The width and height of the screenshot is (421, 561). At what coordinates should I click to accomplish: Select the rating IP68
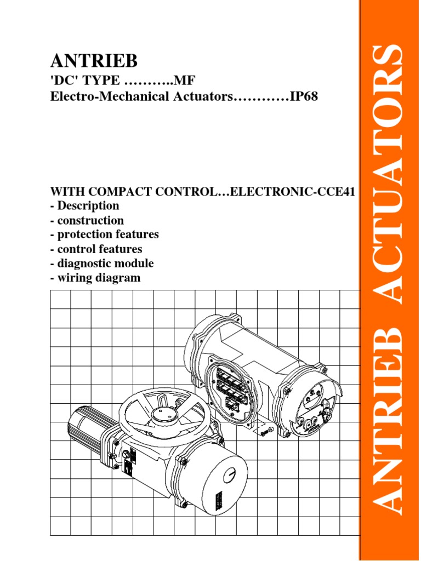tap(303, 96)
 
